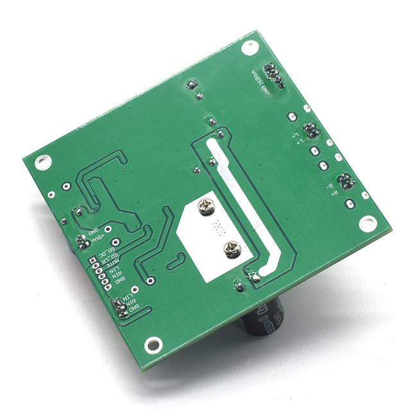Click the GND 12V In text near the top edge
click(x=258, y=80)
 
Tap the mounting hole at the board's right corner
click(x=367, y=223)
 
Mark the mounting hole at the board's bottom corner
click(x=152, y=345)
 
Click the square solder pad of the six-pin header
click(x=94, y=260)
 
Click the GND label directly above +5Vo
click(x=94, y=230)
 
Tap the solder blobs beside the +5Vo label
click(x=81, y=243)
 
